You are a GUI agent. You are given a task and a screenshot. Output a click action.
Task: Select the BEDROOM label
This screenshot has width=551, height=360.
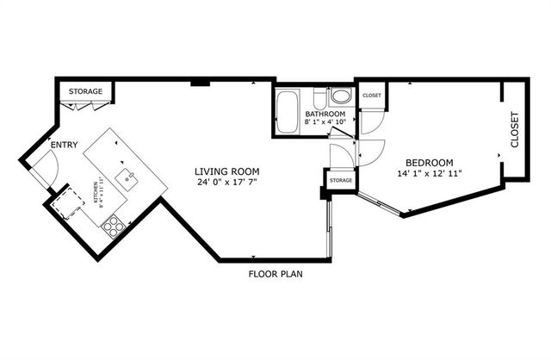click(429, 162)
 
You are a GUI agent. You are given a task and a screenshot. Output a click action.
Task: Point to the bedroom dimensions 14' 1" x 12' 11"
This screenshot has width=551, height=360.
click(429, 174)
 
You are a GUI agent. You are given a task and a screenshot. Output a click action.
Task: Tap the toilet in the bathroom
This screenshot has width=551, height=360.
click(319, 96)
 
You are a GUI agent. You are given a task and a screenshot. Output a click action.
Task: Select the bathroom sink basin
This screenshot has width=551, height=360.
click(341, 96)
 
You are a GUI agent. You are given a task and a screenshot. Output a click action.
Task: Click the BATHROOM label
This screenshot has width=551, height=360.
click(325, 115)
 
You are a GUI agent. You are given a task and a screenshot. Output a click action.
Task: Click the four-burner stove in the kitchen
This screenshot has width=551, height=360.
click(112, 227)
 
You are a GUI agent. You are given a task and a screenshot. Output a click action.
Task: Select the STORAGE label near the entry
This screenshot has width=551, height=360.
click(86, 91)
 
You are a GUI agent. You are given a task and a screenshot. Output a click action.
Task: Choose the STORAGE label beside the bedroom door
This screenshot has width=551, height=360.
click(340, 181)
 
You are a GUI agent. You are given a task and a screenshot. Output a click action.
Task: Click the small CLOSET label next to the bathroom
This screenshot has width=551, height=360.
click(372, 96)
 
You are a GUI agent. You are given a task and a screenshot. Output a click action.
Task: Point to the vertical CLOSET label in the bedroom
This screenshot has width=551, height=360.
click(515, 130)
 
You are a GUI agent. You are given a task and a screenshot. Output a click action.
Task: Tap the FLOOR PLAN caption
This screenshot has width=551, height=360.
click(275, 275)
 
